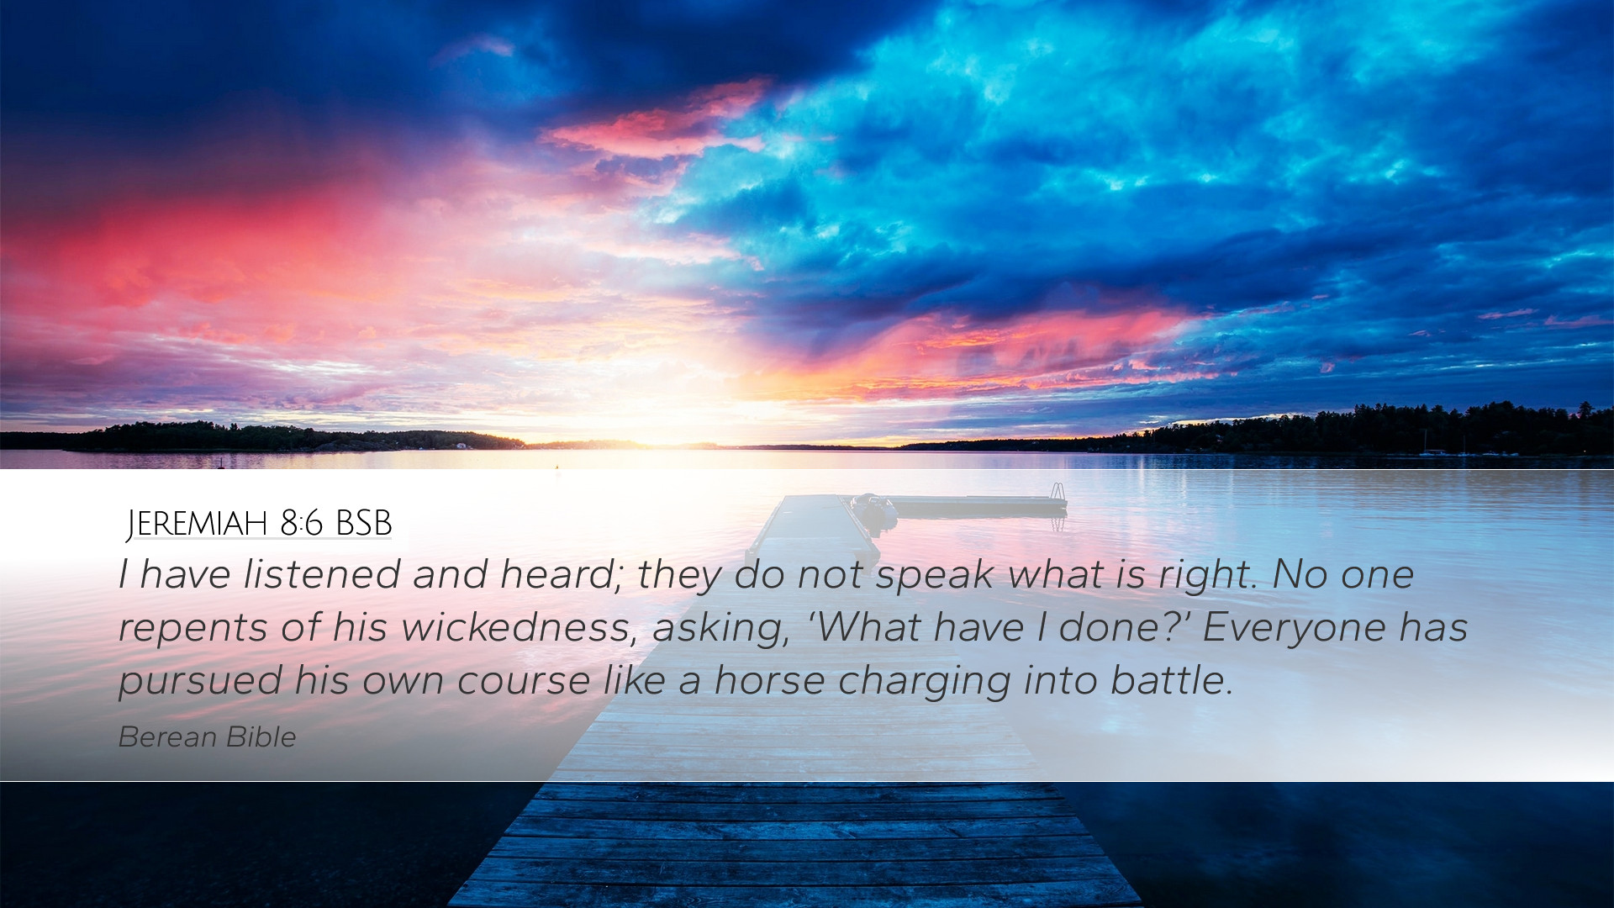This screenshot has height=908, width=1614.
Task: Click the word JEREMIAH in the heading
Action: pyautogui.click(x=197, y=524)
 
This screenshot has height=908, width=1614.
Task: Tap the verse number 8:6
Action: pyautogui.click(x=302, y=524)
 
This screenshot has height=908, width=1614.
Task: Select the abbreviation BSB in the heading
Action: pyautogui.click(x=363, y=524)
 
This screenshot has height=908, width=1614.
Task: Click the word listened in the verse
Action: pyautogui.click(x=322, y=574)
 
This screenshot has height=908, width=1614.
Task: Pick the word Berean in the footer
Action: pyautogui.click(x=167, y=736)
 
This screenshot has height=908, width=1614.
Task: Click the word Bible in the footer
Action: pyautogui.click(x=261, y=736)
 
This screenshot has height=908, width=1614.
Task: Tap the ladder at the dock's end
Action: pyautogui.click(x=1058, y=493)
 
